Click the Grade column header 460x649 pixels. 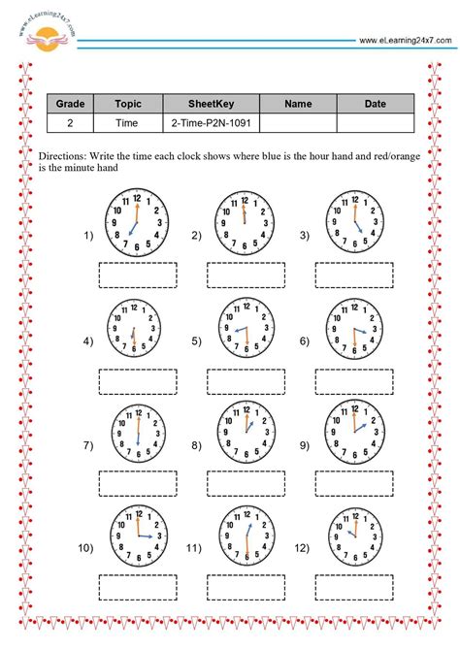(69, 104)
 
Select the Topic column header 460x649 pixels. (127, 104)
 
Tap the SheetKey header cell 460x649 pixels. (211, 104)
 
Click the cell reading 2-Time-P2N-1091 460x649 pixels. (211, 123)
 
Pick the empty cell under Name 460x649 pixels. (298, 123)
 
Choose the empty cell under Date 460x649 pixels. (375, 123)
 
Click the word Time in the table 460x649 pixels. (127, 123)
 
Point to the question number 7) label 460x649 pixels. (88, 445)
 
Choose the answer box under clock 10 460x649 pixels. (137, 587)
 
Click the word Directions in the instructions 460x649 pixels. (64, 156)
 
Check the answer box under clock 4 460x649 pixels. (137, 377)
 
